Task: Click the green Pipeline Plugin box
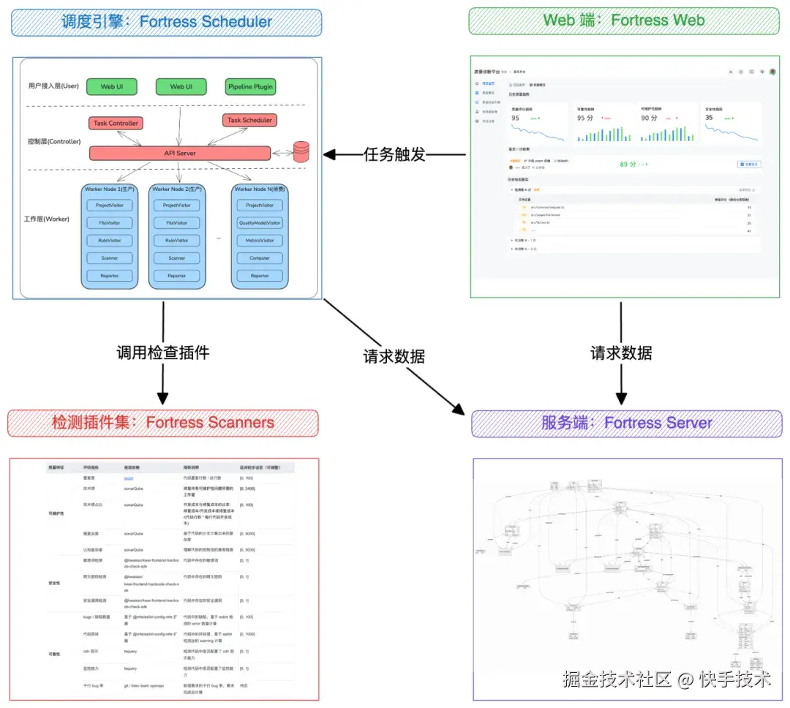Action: (x=250, y=86)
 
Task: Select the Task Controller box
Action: (x=116, y=123)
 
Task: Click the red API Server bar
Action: (x=179, y=153)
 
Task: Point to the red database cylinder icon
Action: (x=301, y=151)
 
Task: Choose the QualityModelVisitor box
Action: (x=260, y=222)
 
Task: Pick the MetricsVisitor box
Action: (x=260, y=240)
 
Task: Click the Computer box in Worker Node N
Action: (x=260, y=258)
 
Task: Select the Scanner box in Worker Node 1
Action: (x=110, y=258)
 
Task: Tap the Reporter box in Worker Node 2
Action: (x=177, y=276)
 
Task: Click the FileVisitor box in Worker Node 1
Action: (x=110, y=222)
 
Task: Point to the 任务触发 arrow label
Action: (x=394, y=154)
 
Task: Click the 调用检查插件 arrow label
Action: (x=163, y=353)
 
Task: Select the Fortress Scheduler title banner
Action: (x=166, y=21)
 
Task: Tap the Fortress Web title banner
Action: (x=624, y=20)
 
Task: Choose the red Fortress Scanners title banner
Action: (x=163, y=423)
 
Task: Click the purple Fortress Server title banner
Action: (x=626, y=423)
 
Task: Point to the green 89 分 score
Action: (x=630, y=165)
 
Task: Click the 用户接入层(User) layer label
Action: (x=48, y=86)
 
